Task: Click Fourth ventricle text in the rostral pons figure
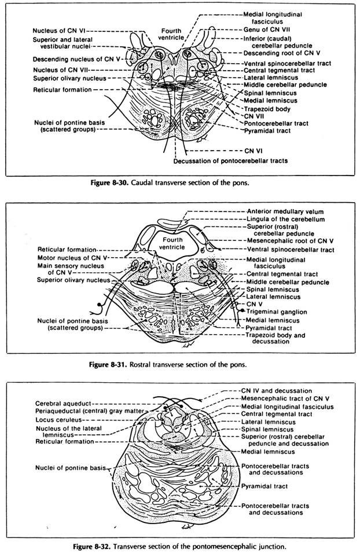point(171,242)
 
